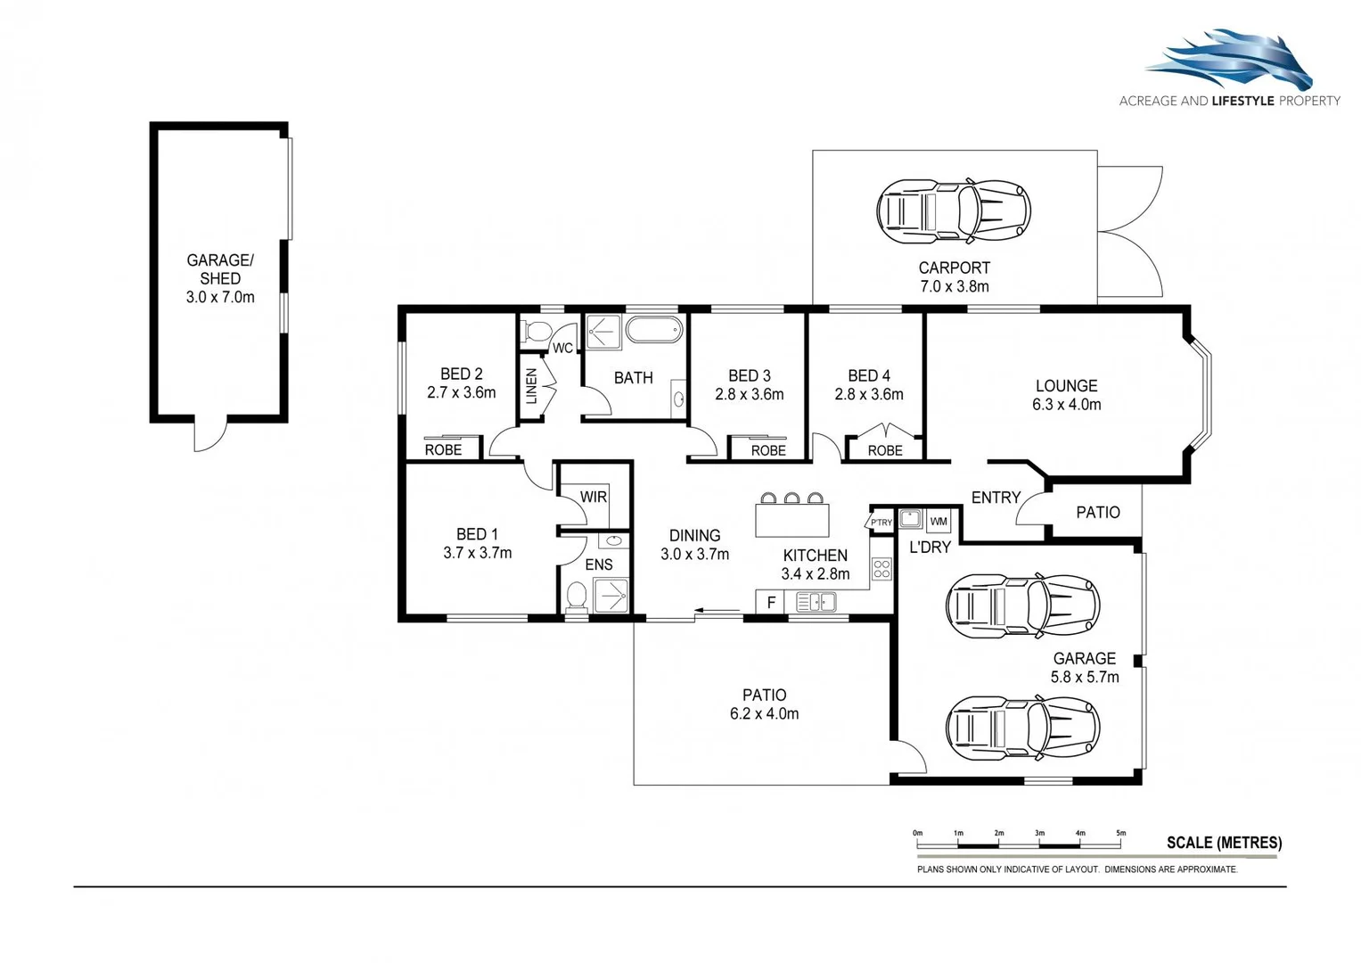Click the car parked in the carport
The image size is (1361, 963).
click(x=953, y=211)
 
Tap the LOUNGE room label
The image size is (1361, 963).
click(x=1066, y=386)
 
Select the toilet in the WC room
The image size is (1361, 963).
click(x=537, y=332)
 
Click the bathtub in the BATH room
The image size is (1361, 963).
click(x=653, y=330)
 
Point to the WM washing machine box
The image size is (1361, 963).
click(x=939, y=521)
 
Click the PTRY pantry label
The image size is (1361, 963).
click(x=881, y=523)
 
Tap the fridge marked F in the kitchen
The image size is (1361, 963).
click(x=771, y=603)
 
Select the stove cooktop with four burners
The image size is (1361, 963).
click(x=881, y=569)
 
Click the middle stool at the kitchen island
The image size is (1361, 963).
click(x=791, y=498)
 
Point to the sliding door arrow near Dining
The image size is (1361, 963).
click(x=717, y=611)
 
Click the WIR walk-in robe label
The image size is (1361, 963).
click(x=593, y=497)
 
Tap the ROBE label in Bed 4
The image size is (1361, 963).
click(x=884, y=450)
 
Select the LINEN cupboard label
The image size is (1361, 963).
click(x=531, y=386)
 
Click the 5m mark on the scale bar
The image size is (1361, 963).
click(x=1120, y=834)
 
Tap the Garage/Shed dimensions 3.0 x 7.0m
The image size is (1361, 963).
click(x=220, y=298)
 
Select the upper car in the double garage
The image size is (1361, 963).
click(x=1022, y=605)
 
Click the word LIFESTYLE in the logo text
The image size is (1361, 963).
click(x=1242, y=101)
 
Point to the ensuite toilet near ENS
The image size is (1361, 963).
click(x=577, y=597)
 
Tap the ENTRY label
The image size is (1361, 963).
click(x=996, y=498)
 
